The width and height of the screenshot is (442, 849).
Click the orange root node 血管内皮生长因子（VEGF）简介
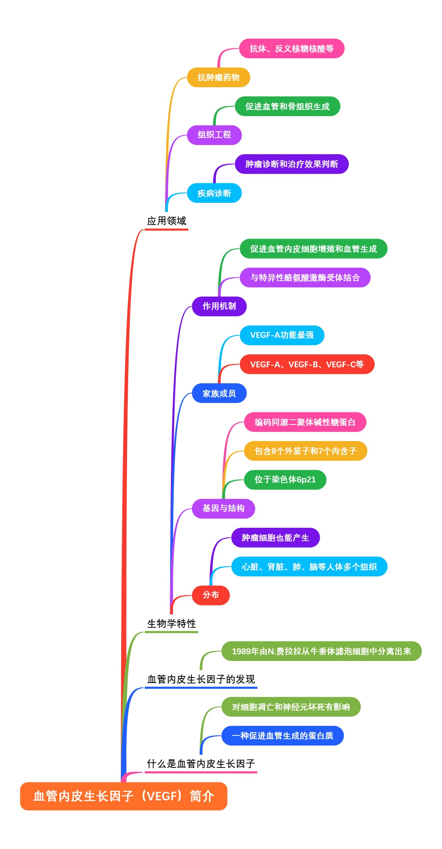point(123,796)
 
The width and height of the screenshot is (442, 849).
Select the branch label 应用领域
point(166,221)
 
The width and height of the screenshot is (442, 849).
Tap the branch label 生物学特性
point(171,624)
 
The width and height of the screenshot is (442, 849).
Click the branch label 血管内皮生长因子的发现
point(201,679)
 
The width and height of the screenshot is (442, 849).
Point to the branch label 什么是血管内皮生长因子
point(201,763)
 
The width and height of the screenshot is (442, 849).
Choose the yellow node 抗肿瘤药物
point(218,77)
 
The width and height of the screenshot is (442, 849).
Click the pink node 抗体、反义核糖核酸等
point(291,49)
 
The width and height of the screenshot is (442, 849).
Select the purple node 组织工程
point(214,135)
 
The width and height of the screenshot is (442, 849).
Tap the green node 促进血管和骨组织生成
point(287,107)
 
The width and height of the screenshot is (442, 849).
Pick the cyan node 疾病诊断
point(214,193)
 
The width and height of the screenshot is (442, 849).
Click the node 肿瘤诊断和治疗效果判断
point(291,164)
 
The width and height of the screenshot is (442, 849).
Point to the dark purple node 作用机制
point(219,306)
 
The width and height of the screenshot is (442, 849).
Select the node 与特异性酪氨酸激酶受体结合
point(305,278)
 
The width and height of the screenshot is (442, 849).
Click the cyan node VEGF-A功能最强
point(282,335)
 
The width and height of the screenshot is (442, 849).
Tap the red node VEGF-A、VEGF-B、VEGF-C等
point(307,364)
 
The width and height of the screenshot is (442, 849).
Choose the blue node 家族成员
point(219,394)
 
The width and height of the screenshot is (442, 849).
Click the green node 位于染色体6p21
point(285,480)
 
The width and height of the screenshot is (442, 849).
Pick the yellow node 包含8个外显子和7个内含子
point(305,451)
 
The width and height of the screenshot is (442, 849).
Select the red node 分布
point(211,595)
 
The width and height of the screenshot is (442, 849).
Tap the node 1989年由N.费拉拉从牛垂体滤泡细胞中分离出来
point(321,651)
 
